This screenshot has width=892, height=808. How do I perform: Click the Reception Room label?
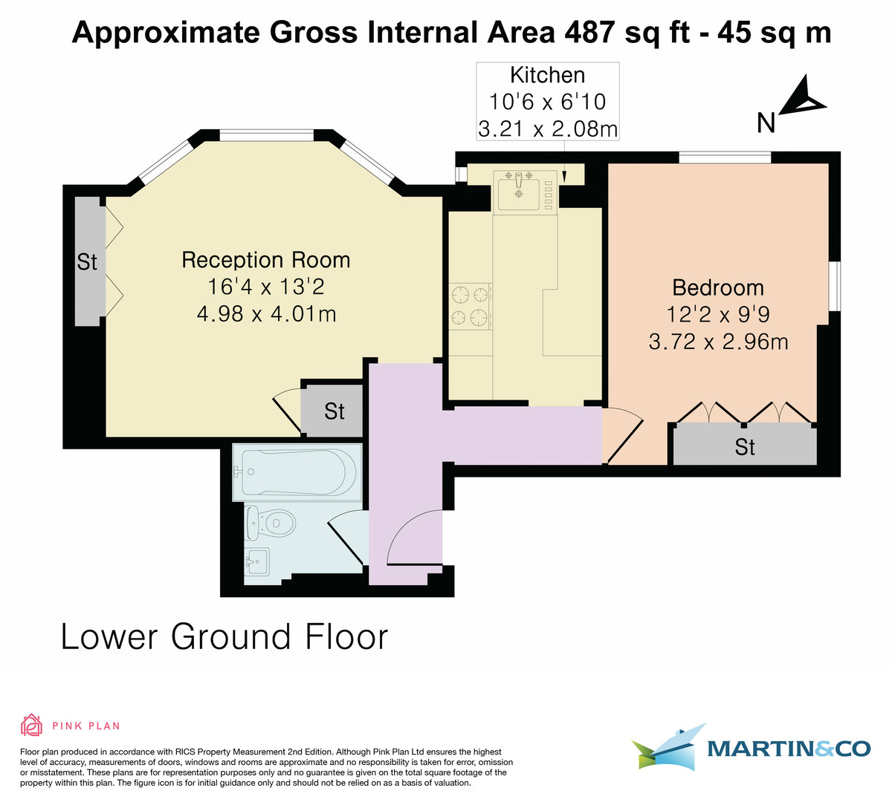pyautogui.click(x=265, y=260)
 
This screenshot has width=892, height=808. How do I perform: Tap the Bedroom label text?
pyautogui.click(x=717, y=287)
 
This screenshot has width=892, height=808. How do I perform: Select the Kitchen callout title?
pyautogui.click(x=547, y=75)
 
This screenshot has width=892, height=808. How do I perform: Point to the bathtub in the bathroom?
pyautogui.click(x=297, y=472)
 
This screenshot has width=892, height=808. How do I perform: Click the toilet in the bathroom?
pyautogui.click(x=272, y=523)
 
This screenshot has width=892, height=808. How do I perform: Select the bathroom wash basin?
pyautogui.click(x=256, y=561)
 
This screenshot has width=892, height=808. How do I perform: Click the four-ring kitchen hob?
pyautogui.click(x=471, y=306)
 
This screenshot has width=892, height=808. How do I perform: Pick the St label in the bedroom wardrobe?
pyautogui.click(x=745, y=446)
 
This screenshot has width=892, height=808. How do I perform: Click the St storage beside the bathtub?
pyautogui.click(x=334, y=411)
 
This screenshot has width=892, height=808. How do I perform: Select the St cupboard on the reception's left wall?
pyautogui.click(x=88, y=261)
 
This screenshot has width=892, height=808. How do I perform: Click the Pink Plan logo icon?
pyautogui.click(x=32, y=725)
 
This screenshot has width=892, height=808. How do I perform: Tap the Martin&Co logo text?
pyautogui.click(x=788, y=748)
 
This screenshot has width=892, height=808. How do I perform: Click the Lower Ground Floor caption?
pyautogui.click(x=224, y=637)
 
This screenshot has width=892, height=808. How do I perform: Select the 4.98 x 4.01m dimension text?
pyautogui.click(x=266, y=314)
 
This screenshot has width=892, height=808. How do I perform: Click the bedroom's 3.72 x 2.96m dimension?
pyautogui.click(x=718, y=342)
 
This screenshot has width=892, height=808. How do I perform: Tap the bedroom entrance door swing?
pyautogui.click(x=623, y=436)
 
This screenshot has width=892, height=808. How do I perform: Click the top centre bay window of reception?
pyautogui.click(x=266, y=135)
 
